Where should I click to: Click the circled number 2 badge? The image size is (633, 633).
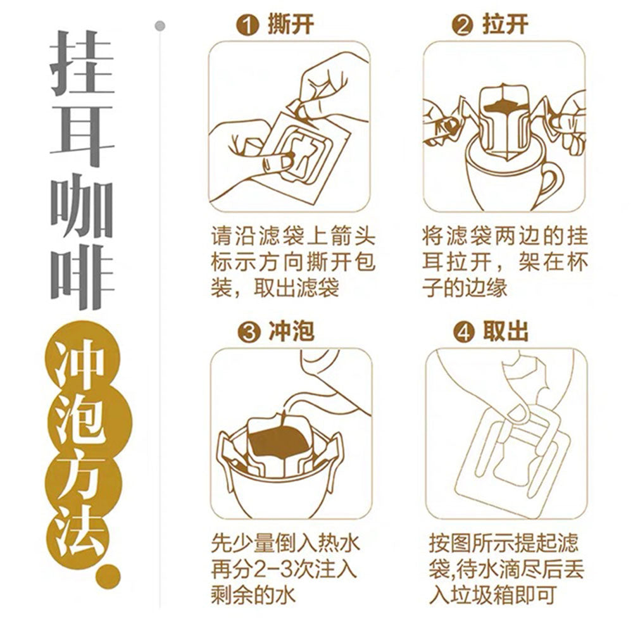pos(464,26)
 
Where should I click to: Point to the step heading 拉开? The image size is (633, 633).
pos(505,26)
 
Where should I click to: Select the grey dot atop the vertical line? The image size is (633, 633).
pos(160,26)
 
